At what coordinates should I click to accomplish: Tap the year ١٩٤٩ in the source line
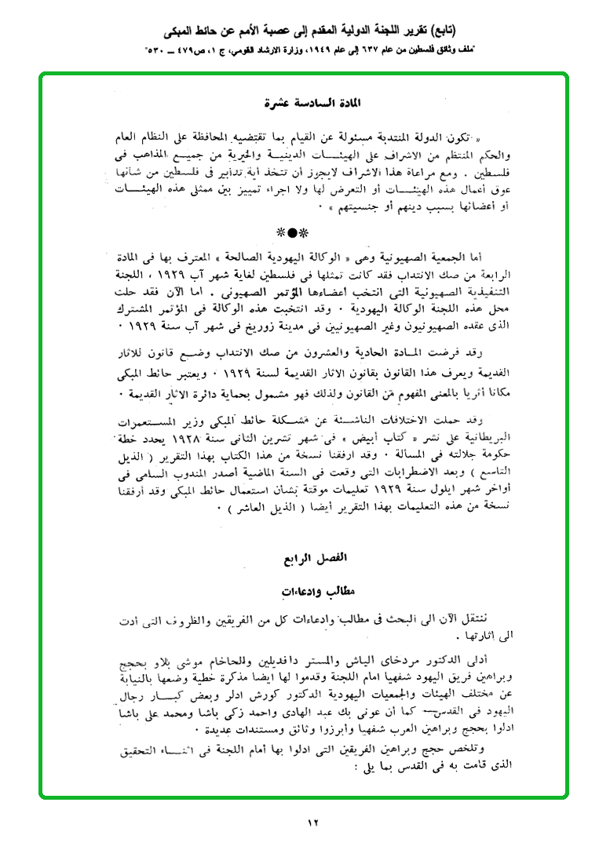click(x=313, y=52)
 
